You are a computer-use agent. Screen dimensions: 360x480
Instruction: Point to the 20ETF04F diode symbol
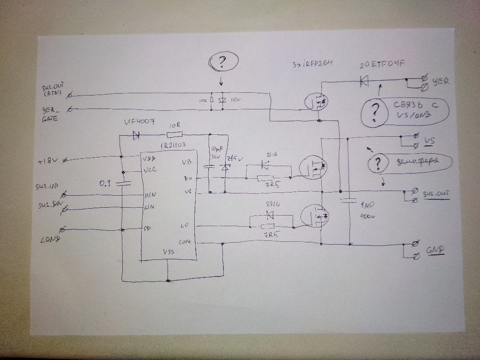click(x=364, y=82)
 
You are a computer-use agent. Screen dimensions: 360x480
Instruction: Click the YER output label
click(x=440, y=82)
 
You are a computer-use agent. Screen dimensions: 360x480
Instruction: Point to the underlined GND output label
click(x=434, y=250)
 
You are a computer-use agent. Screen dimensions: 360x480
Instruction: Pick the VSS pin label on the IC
click(x=168, y=252)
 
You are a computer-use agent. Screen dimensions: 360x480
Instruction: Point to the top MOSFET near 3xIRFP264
click(x=316, y=102)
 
